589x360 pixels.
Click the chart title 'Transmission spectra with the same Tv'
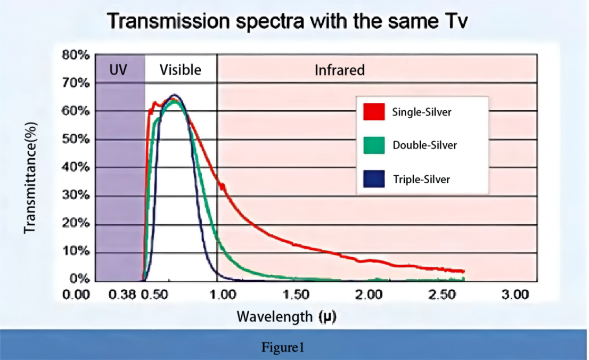pos(288,21)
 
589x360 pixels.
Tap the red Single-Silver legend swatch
pos(374,112)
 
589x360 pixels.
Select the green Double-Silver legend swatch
pos(374,145)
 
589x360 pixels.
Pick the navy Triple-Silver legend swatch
pos(374,179)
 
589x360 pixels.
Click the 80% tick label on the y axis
pos(76,55)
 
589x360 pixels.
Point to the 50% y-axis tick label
pos(76,139)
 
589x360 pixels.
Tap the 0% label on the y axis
pos(80,279)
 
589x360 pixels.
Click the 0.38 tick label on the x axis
pos(122,294)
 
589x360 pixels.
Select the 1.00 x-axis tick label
pos(223,294)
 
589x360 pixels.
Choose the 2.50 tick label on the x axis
pos(443,294)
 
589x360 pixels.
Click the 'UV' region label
pos(118,70)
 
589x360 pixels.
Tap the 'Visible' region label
pos(181,70)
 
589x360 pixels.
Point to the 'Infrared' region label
pos(340,70)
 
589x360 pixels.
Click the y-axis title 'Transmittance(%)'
pos(30,178)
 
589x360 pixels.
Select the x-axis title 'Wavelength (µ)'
pos(287,316)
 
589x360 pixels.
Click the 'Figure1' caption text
pos(282,347)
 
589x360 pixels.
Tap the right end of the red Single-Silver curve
pos(464,271)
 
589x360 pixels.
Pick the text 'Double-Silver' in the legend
pos(425,145)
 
